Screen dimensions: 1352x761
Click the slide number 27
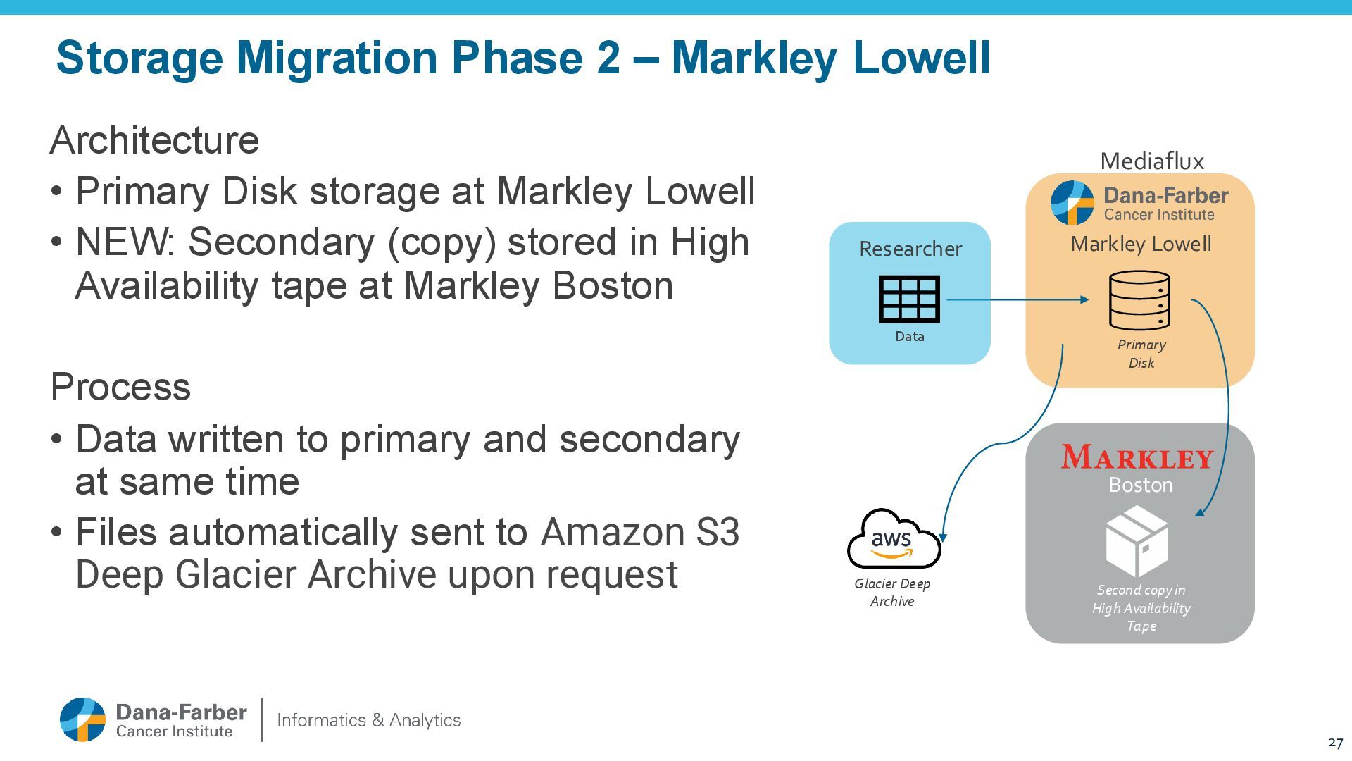click(x=1335, y=743)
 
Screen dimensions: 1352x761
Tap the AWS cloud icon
click(x=892, y=540)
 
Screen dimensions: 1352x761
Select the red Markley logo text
click(x=1137, y=457)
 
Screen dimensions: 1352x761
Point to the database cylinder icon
click(x=1139, y=300)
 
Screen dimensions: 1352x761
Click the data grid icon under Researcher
click(x=909, y=299)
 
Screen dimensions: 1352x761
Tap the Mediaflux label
click(x=1152, y=161)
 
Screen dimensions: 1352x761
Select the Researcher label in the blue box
click(x=910, y=249)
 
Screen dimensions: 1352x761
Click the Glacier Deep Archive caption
click(x=892, y=592)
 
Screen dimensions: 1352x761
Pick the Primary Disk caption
click(x=1141, y=354)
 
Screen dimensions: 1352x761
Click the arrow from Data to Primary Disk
click(x=1018, y=299)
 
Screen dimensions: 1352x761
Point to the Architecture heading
click(x=155, y=140)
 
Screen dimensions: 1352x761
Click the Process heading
click(x=120, y=387)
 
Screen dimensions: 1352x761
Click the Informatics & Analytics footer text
click(x=369, y=720)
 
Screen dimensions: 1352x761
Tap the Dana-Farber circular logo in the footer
click(x=82, y=719)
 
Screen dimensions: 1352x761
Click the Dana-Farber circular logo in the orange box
click(x=1072, y=203)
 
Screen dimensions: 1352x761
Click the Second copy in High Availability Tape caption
click(x=1141, y=608)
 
